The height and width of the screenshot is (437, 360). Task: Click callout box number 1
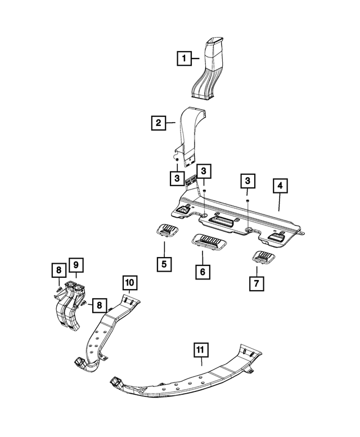[183, 57]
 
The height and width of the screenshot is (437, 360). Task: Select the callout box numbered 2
[158, 121]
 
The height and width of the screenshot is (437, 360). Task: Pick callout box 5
[164, 262]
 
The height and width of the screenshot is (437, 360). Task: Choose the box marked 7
[256, 283]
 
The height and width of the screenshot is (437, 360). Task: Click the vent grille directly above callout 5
[166, 229]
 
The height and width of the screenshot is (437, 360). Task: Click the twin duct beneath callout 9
[69, 307]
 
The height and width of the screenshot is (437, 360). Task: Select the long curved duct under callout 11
[186, 380]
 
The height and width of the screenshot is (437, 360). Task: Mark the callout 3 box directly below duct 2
[177, 178]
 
